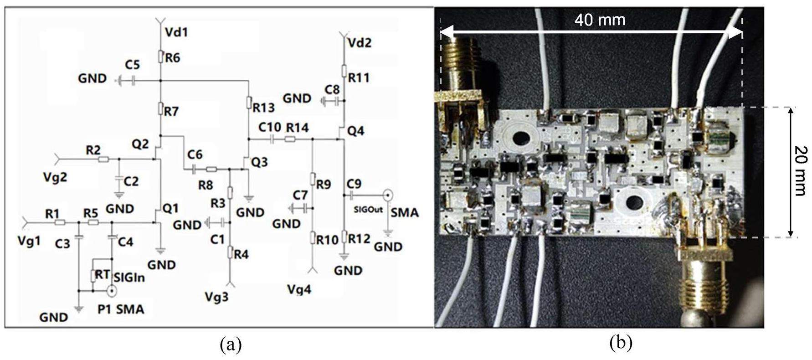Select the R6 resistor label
172,58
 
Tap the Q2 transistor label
140,144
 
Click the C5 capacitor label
132,64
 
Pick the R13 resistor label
264,108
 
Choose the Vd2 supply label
359,43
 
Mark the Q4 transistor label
356,131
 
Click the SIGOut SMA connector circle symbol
388,195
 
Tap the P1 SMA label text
121,309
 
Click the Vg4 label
299,289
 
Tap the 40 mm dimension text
599,20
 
